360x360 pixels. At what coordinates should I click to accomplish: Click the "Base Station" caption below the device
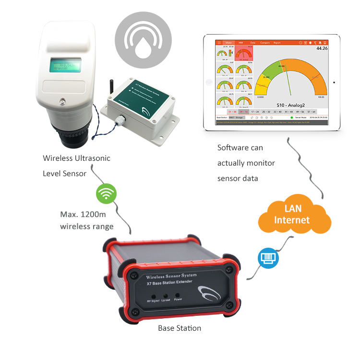[x=180, y=328]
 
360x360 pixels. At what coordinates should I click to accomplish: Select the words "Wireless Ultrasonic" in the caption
[x=72, y=158]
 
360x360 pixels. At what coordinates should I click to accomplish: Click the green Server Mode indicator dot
[x=291, y=117]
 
